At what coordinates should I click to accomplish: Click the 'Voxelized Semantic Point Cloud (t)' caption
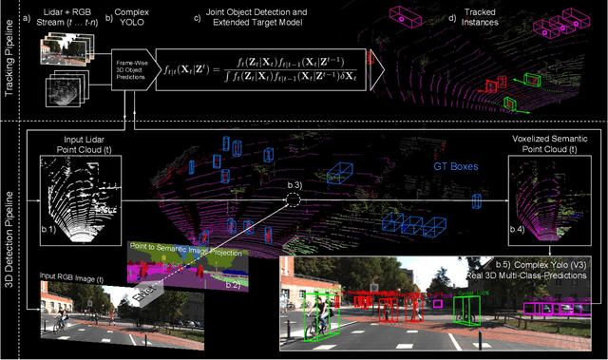(542, 148)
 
